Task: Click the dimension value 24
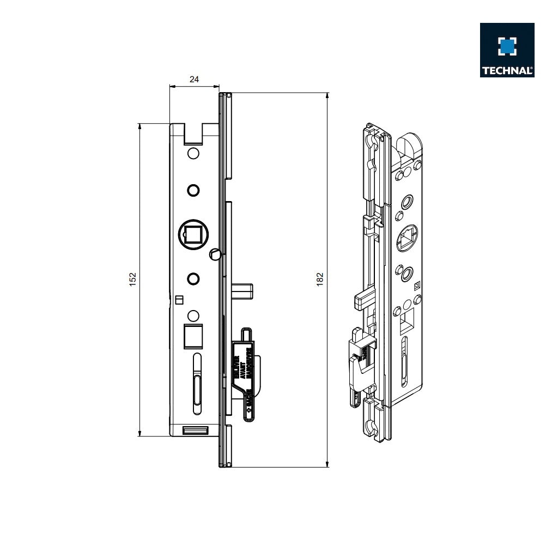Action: click(x=194, y=79)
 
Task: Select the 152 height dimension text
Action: click(x=132, y=278)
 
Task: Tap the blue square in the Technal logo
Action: click(x=507, y=46)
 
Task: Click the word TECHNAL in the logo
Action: click(x=507, y=70)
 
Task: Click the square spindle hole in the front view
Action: click(x=193, y=235)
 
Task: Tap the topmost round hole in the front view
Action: click(x=193, y=153)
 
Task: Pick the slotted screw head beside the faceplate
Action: click(x=215, y=253)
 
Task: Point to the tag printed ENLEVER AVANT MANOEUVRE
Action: click(x=243, y=374)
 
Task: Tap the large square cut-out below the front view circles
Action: click(x=193, y=336)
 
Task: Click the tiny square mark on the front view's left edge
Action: click(x=178, y=299)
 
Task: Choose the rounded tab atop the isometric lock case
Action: click(x=409, y=145)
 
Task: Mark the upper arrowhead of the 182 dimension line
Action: click(x=327, y=96)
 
